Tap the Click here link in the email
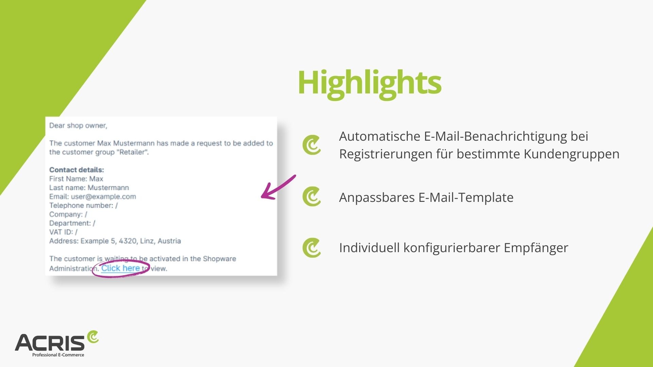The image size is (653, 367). point(120,268)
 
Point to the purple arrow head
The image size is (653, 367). point(267,193)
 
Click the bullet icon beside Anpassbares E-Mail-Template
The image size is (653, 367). point(312,196)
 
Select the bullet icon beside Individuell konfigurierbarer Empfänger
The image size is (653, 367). point(312,248)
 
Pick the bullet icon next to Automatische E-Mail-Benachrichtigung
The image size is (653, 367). point(312,145)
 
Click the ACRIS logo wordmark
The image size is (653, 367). point(50,343)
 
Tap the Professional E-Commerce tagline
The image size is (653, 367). point(58,355)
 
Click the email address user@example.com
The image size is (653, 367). point(103,196)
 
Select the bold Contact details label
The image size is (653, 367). point(77,170)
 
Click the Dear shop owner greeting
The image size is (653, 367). point(78,125)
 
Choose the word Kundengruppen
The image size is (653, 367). point(571,154)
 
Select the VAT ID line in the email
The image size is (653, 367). point(63,232)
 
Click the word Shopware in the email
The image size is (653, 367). point(219,259)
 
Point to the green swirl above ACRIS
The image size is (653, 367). point(93,336)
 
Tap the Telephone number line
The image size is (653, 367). point(83,205)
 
